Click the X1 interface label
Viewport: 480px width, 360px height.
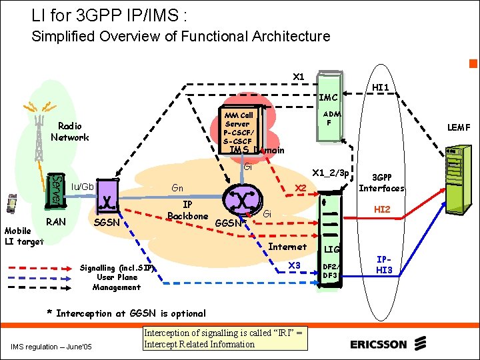(x=299, y=77)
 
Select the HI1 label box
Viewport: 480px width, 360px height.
(x=381, y=87)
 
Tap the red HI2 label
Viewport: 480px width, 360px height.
(x=382, y=209)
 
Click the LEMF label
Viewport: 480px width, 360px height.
(x=458, y=127)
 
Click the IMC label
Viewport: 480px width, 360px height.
(x=329, y=97)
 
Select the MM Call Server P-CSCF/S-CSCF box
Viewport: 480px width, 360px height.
(x=238, y=128)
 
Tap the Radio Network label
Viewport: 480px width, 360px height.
(x=69, y=132)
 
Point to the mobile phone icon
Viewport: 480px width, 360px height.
(x=11, y=203)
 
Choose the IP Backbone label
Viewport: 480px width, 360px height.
(x=188, y=210)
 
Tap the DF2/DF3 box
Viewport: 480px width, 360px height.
(x=330, y=270)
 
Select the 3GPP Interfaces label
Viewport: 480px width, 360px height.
(x=382, y=183)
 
